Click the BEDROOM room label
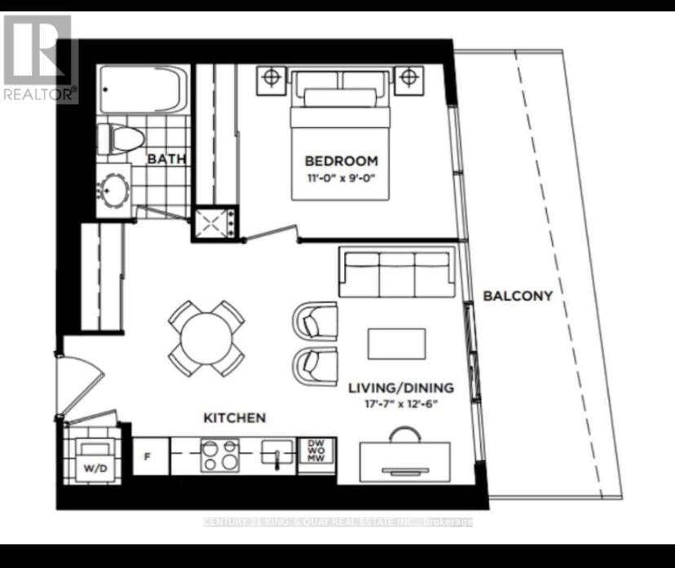(x=341, y=160)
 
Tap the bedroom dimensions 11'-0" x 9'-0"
(x=341, y=176)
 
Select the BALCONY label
(x=518, y=296)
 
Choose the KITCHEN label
(x=234, y=417)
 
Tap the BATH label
(x=166, y=158)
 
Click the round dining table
(x=207, y=337)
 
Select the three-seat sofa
(x=397, y=274)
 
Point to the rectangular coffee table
(x=396, y=343)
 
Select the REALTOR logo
(x=39, y=59)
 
